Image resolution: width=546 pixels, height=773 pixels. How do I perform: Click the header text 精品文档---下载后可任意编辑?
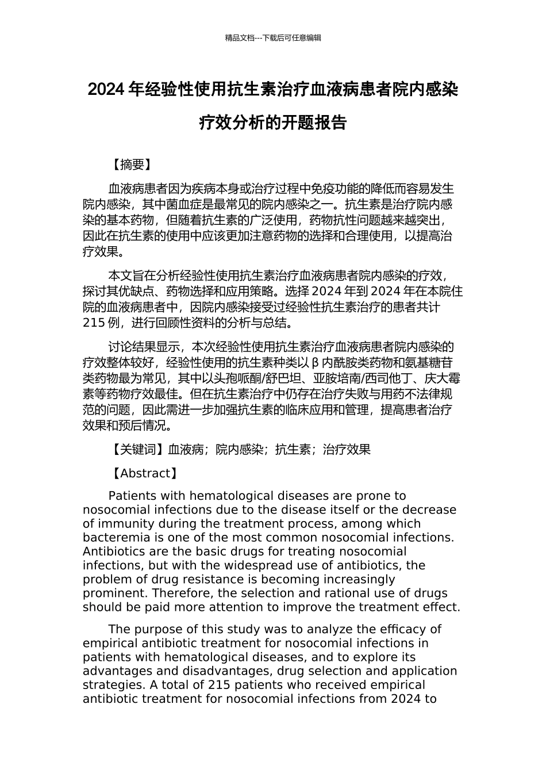tap(273, 38)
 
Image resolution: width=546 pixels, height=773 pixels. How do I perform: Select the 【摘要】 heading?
tap(130, 165)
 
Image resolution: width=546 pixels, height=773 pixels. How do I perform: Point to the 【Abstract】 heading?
tap(143, 473)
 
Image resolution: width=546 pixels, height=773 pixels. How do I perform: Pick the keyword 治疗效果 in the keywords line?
tap(347, 450)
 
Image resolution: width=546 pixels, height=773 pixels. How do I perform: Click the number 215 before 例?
tap(94, 323)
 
